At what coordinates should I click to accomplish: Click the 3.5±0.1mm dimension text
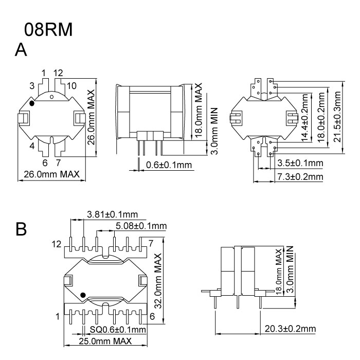(299, 164)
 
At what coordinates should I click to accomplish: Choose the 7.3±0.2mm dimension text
(299, 176)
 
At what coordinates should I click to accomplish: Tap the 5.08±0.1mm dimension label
(141, 226)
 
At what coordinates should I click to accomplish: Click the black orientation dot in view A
(32, 103)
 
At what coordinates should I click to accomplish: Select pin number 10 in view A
(71, 85)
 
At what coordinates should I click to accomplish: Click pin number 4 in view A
(31, 147)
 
